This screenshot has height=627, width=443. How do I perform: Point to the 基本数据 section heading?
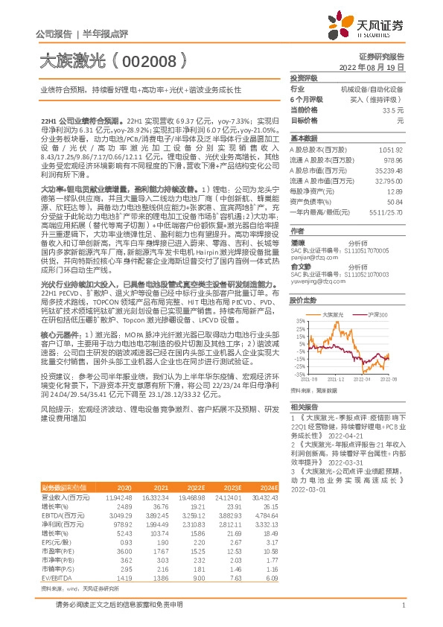pos(302,139)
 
